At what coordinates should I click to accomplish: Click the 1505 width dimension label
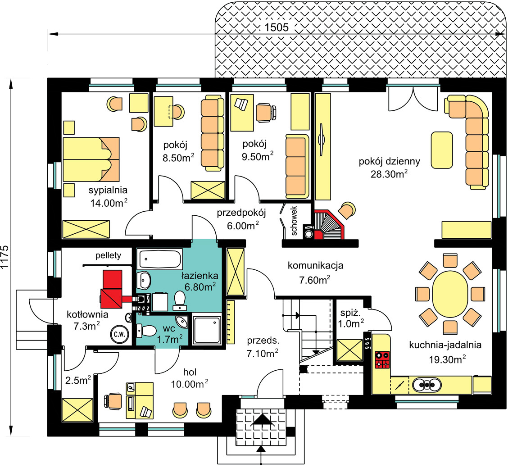277,27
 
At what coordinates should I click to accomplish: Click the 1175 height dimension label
5,257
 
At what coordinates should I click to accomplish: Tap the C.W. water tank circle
120,334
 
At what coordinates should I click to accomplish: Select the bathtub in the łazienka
160,259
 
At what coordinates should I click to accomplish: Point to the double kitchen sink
427,385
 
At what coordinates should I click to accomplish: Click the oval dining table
450,294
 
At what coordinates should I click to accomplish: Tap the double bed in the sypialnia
91,159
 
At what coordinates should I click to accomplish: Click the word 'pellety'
108,255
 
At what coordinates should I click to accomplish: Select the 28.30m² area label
389,174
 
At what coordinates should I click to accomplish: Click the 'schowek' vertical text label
294,221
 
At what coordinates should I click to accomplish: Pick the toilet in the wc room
147,331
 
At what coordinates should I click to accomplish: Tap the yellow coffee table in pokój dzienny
442,150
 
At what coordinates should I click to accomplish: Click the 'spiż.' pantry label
350,313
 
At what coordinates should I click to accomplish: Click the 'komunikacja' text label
315,265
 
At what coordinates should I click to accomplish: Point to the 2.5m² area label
78,380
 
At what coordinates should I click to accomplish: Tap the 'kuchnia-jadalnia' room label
445,345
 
